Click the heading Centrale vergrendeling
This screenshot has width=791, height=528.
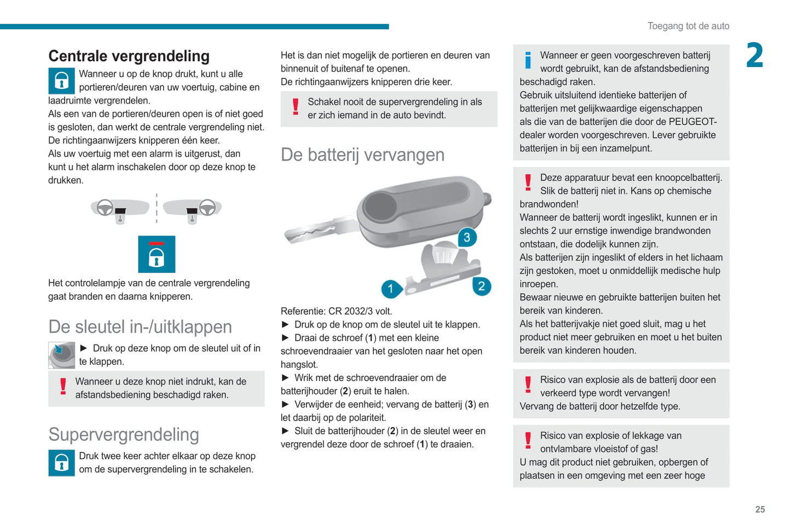click(129, 56)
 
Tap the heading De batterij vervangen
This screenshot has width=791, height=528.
click(362, 155)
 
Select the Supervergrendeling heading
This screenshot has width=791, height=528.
click(124, 435)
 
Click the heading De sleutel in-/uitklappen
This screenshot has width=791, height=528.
click(140, 327)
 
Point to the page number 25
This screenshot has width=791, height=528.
click(760, 509)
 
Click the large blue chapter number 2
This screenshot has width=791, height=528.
click(755, 56)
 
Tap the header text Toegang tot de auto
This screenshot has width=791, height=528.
click(688, 26)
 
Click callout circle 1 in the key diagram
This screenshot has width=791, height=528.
click(391, 289)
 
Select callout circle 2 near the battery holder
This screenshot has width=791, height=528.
click(481, 286)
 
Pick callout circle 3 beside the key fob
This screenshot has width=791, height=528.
click(466, 238)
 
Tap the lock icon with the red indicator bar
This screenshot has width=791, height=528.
click(157, 254)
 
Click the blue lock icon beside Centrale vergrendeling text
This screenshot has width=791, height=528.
click(61, 81)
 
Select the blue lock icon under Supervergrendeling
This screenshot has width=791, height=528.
click(61, 463)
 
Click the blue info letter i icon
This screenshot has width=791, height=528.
click(528, 60)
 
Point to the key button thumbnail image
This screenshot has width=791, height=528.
click(61, 355)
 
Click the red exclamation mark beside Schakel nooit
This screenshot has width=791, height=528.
click(296, 107)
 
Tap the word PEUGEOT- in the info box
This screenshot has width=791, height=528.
click(692, 122)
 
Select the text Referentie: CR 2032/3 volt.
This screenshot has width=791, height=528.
click(336, 311)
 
